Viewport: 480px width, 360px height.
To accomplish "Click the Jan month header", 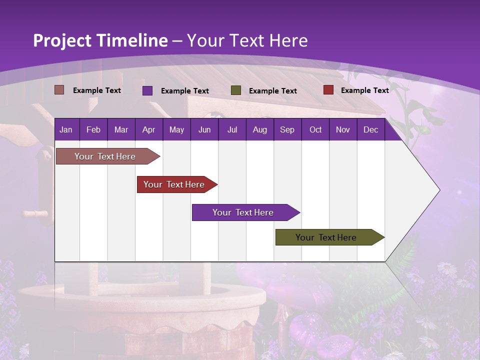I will click(x=66, y=130).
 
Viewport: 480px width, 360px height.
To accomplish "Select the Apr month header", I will click(x=148, y=130).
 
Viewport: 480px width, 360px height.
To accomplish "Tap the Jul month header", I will click(x=232, y=130).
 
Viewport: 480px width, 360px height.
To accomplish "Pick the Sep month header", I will click(x=287, y=130).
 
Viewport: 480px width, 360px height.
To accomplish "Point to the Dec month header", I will click(x=370, y=130).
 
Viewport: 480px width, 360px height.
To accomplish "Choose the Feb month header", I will click(x=93, y=130).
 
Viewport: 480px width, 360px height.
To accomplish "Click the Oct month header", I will click(x=315, y=130).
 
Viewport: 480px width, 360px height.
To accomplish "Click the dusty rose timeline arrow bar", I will click(x=105, y=156).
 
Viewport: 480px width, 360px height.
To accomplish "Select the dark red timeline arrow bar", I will click(x=174, y=184).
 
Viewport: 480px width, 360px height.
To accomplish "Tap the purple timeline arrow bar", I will click(x=243, y=212).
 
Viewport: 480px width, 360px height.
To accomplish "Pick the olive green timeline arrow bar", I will click(x=326, y=237).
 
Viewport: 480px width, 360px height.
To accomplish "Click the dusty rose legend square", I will click(x=59, y=90).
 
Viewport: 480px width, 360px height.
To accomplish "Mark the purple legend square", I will click(x=147, y=90).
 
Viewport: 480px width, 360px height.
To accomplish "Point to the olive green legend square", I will click(x=236, y=90).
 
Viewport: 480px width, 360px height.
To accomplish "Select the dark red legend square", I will click(x=328, y=90).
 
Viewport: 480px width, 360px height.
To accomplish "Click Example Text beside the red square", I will click(x=364, y=90).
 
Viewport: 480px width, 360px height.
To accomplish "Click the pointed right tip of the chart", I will click(x=438, y=190).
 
